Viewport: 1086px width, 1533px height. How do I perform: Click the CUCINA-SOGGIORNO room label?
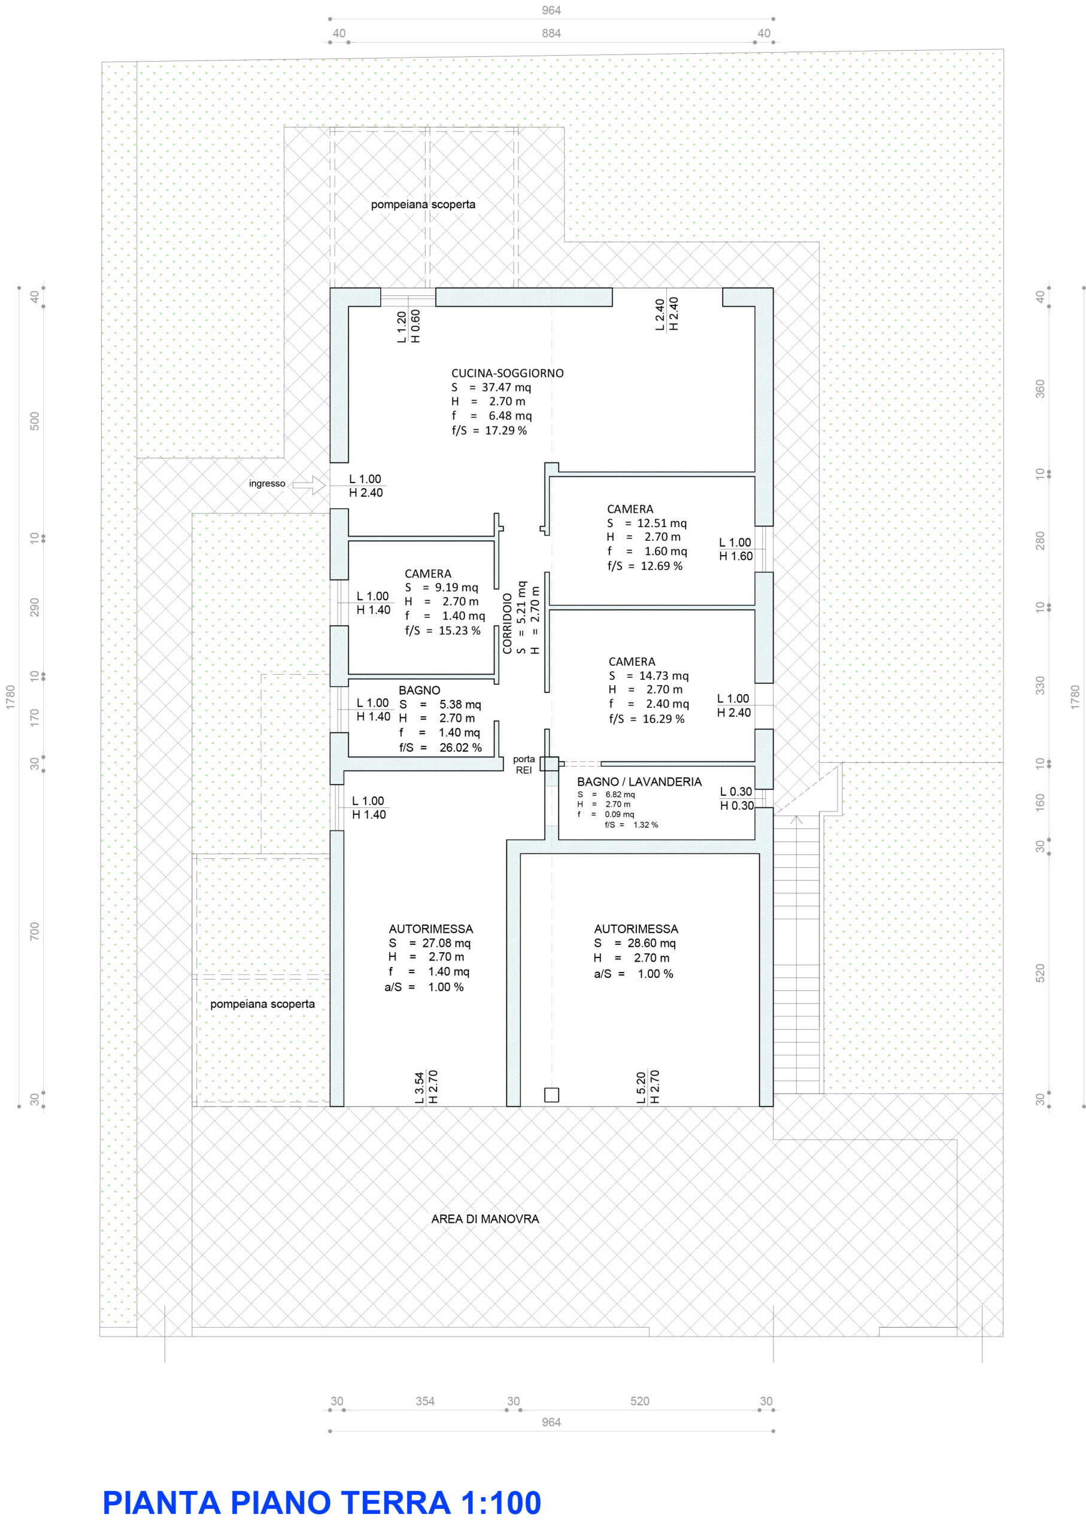click(x=508, y=373)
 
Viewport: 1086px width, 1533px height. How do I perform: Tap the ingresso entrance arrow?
click(x=309, y=485)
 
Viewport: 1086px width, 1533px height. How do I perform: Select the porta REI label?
click(x=524, y=765)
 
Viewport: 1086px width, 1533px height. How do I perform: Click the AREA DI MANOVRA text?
click(x=485, y=1219)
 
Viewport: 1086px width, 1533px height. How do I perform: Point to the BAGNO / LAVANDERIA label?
click(x=639, y=782)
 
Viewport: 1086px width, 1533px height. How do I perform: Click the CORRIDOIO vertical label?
click(x=507, y=623)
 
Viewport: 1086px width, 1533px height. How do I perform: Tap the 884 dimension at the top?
click(x=551, y=34)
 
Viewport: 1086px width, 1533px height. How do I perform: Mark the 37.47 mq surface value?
click(x=506, y=387)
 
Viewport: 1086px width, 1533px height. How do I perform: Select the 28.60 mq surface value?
click(x=651, y=943)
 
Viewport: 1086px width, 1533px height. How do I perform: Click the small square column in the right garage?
click(x=552, y=1095)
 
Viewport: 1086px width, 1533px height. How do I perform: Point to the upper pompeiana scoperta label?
click(x=423, y=205)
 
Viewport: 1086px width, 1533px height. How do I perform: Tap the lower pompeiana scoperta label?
click(x=262, y=1004)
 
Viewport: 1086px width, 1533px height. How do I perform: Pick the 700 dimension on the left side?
click(x=35, y=931)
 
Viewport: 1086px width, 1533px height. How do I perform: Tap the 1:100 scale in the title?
click(x=501, y=1503)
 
